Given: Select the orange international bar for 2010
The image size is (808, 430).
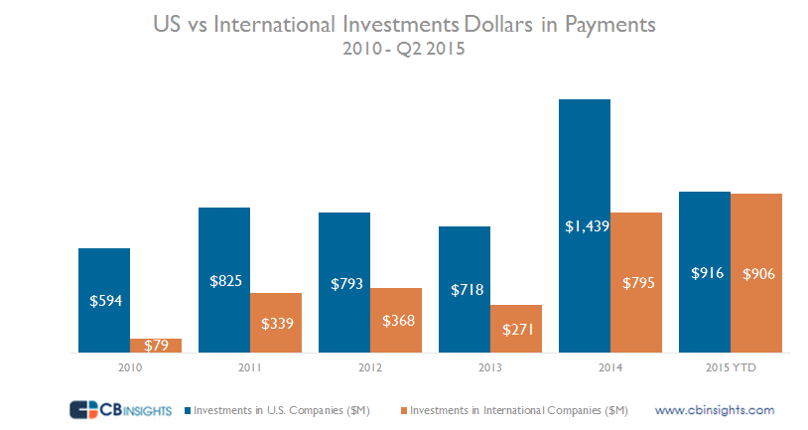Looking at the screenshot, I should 156,346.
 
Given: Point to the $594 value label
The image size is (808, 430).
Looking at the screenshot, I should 104,301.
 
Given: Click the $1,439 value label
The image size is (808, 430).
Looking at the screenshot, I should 585,225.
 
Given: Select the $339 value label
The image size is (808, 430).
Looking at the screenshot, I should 276,324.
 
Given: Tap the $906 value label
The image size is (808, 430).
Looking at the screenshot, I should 757,273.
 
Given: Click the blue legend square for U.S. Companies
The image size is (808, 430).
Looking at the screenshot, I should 189,409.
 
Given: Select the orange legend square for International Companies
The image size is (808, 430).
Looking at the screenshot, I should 404,409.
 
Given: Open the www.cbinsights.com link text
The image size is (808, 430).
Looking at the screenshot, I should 714,409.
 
